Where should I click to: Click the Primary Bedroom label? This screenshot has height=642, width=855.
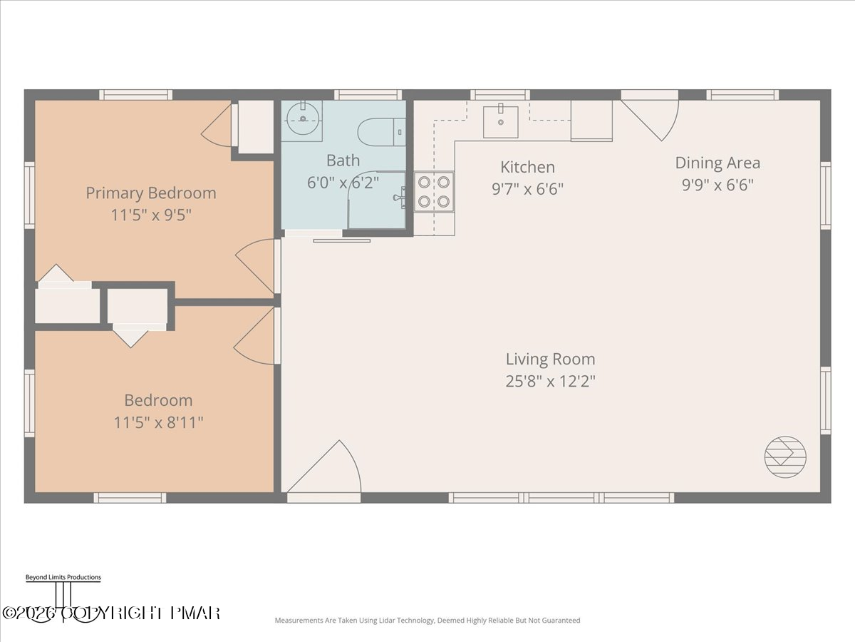tap(151, 193)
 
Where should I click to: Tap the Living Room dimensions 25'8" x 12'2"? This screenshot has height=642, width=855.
tap(550, 381)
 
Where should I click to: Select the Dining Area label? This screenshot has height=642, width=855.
tap(717, 163)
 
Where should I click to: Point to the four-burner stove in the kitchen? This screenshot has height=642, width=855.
tap(434, 192)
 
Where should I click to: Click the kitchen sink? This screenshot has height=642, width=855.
tap(501, 122)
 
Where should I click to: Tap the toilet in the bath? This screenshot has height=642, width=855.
tap(382, 132)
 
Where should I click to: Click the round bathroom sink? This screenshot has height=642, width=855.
tap(303, 118)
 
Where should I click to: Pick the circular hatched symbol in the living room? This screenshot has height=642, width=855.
tap(785, 457)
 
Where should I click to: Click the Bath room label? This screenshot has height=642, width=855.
tap(343, 160)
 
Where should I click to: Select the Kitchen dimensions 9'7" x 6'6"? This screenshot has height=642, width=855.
tap(527, 189)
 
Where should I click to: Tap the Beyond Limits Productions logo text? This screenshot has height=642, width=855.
tap(63, 577)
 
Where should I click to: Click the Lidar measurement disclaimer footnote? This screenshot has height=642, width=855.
tap(427, 620)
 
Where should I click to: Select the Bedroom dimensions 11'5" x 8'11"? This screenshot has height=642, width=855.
tap(158, 422)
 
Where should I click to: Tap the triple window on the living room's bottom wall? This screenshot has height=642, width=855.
tap(561, 498)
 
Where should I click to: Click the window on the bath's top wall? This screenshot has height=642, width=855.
tap(368, 95)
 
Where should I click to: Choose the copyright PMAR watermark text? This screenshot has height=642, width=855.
tap(111, 613)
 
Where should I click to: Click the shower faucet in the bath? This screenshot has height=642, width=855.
tap(400, 198)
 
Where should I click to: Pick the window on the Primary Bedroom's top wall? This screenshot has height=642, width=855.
tap(135, 95)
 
